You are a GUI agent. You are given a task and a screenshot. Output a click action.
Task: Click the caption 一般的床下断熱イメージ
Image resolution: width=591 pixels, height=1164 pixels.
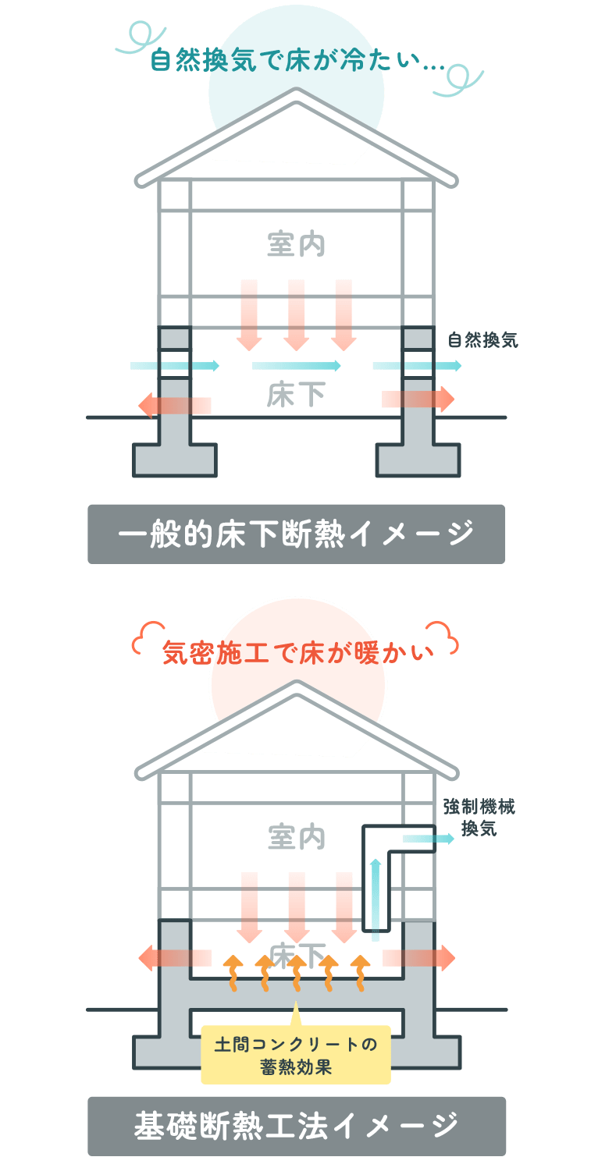tap(296, 534)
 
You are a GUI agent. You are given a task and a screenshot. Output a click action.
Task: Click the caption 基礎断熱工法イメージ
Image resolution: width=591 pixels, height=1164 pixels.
tap(296, 1126)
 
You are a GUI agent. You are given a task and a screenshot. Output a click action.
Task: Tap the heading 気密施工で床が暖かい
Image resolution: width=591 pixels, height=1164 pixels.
tap(296, 652)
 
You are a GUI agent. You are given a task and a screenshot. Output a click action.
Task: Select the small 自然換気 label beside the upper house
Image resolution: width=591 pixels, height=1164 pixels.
tap(482, 340)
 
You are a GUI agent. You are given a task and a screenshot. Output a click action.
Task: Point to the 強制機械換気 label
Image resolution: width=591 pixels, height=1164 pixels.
tap(479, 816)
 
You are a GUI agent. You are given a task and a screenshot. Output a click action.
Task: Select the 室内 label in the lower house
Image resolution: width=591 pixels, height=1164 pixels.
tap(295, 837)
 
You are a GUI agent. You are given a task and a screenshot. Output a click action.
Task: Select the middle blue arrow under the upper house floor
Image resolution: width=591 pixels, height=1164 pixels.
tap(297, 365)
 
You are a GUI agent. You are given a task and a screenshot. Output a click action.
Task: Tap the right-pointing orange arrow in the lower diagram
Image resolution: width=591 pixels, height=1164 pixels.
tap(418, 957)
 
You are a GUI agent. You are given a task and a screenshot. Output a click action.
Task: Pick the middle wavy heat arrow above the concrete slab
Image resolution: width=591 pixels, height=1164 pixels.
tap(296, 972)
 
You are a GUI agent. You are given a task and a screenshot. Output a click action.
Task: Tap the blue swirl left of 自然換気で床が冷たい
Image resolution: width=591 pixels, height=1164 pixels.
tap(133, 38)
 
